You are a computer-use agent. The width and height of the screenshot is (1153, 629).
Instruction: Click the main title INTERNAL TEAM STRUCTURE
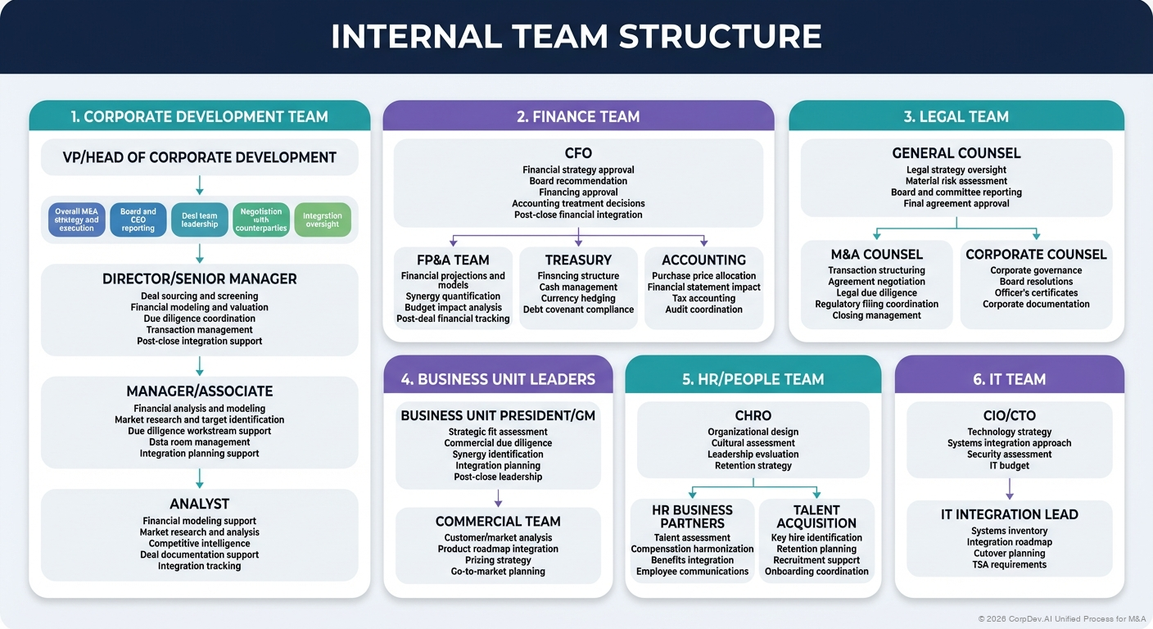pos(576,37)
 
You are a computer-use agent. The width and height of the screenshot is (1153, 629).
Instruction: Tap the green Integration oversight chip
pos(322,219)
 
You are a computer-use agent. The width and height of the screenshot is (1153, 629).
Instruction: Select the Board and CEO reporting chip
pos(138,219)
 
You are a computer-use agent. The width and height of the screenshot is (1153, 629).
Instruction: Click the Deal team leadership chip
pos(199,219)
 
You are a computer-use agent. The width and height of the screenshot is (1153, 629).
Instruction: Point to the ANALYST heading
pos(199,504)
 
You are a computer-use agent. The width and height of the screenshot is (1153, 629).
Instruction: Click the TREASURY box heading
pos(578,260)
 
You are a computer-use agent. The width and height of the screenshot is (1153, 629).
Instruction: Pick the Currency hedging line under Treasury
pos(577,298)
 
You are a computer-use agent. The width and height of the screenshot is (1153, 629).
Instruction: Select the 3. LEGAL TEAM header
pos(956,116)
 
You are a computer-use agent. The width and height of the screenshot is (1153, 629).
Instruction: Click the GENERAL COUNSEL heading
pos(956,153)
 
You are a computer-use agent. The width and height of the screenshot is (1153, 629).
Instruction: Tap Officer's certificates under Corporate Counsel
pos(1035,292)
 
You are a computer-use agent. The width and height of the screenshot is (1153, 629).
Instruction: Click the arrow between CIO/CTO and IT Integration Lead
pos(1009,489)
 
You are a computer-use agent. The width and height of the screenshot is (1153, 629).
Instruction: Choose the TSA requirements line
pos(1009,564)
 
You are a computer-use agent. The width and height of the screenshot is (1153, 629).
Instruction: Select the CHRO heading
pos(753,416)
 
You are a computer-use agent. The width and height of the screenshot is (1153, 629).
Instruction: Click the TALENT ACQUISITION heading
pos(816,517)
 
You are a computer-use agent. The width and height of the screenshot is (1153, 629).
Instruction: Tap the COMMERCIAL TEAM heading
pos(497,521)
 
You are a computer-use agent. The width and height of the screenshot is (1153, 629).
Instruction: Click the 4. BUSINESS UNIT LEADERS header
pos(498,379)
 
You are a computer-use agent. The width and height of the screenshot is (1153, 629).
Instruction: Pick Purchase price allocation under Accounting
pos(703,276)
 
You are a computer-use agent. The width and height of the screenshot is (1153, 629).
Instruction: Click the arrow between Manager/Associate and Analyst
pos(199,478)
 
